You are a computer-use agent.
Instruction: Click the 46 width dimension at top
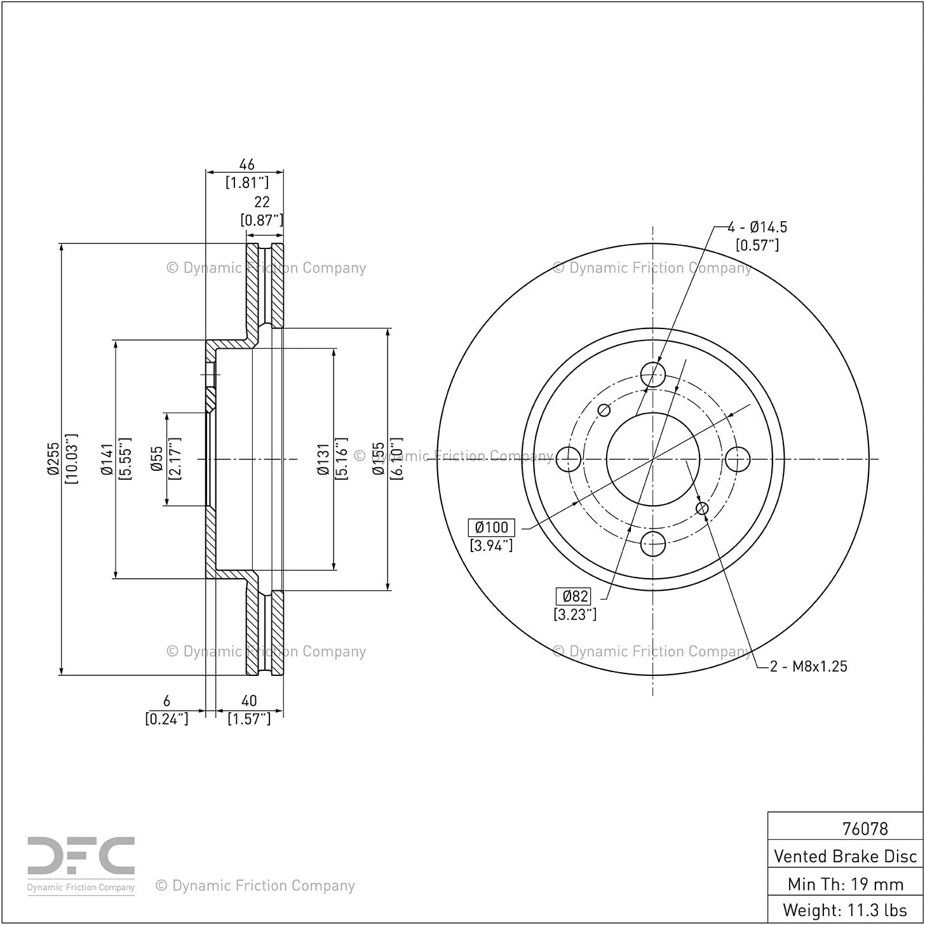click(246, 165)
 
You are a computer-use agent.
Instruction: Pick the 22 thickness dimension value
click(262, 201)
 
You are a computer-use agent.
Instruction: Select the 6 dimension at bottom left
click(166, 701)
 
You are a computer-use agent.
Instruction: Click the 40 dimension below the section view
click(248, 701)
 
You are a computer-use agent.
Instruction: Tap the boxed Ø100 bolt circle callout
click(491, 527)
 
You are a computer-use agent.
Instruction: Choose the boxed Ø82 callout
click(574, 596)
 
